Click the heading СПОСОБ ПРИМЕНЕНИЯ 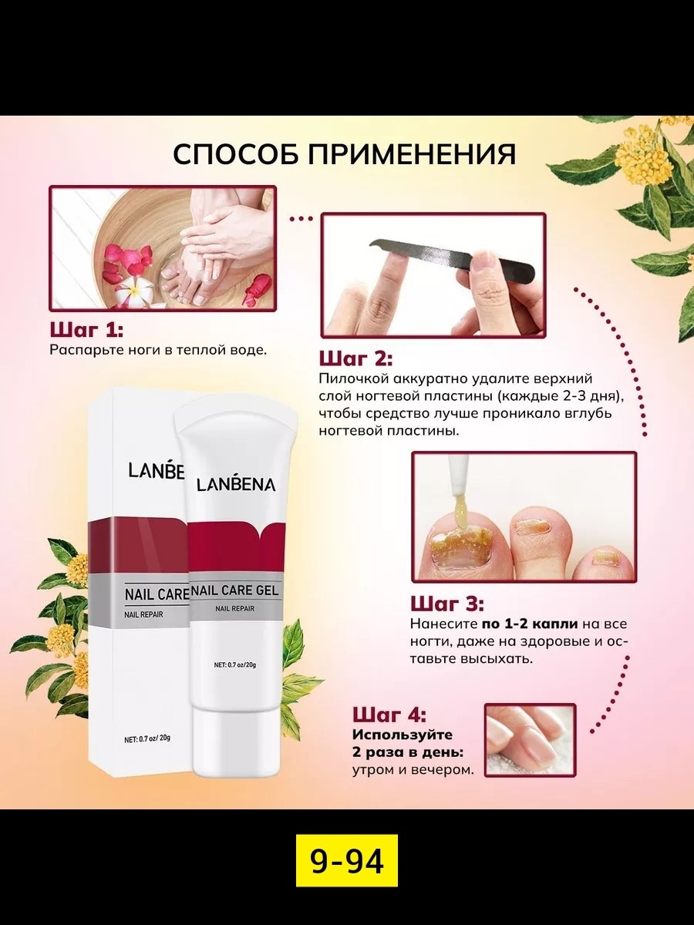point(344,155)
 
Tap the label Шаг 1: point(86,331)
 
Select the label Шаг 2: point(355,359)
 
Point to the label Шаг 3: point(447,604)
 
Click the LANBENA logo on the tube point(235,484)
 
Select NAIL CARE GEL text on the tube point(234,590)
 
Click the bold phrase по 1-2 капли point(530,624)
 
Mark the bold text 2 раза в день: point(408,752)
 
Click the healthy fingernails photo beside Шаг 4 point(530,740)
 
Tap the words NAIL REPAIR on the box point(143,614)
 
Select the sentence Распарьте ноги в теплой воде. point(158,350)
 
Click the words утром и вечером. point(413,770)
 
